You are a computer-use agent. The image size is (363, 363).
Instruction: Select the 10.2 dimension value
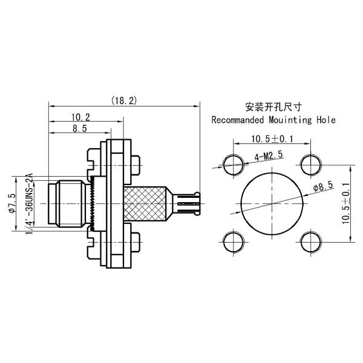point(80,117)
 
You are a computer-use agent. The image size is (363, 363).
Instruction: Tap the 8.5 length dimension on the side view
point(79,128)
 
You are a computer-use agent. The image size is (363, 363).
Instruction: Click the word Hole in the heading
point(325,120)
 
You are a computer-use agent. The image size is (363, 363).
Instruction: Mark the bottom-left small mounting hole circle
point(232,241)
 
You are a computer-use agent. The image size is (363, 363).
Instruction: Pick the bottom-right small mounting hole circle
point(310,241)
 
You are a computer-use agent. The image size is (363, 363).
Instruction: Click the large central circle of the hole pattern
point(271,201)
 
